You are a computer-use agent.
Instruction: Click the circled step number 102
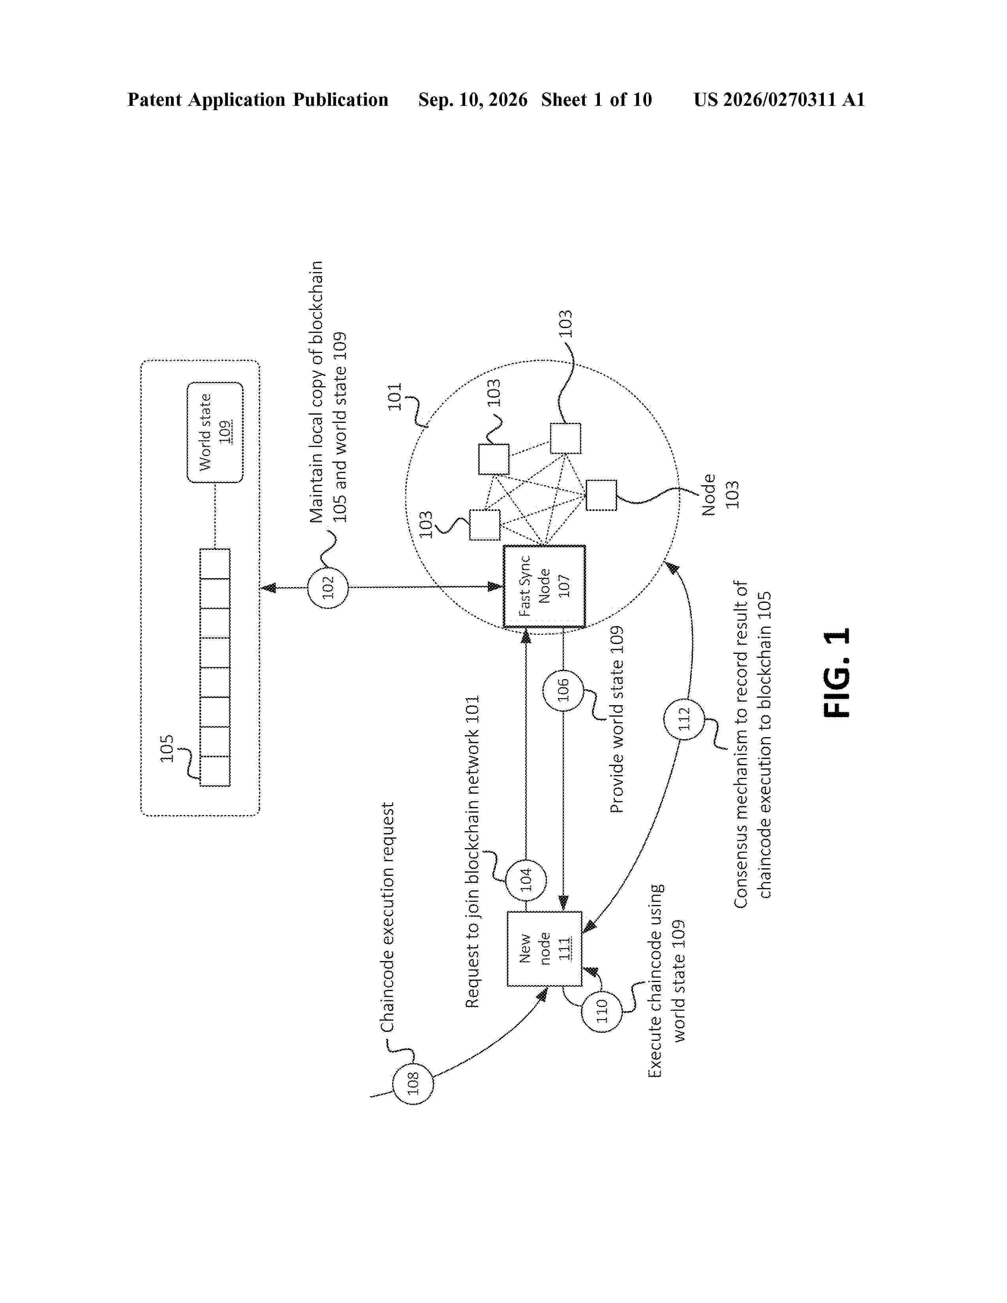327,588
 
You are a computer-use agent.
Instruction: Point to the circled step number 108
413,1084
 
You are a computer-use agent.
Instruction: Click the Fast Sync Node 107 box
544,586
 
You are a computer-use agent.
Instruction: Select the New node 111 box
544,948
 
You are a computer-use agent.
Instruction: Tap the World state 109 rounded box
215,432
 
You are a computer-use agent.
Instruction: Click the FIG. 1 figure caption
836,672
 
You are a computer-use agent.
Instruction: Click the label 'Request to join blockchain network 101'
472,852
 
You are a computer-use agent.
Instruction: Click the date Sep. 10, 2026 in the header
472,100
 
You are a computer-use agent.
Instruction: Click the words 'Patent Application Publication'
258,100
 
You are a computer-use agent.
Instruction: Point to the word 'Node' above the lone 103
708,495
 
